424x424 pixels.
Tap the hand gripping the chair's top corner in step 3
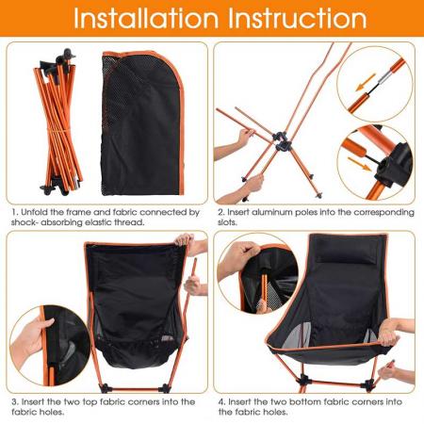click(197, 248)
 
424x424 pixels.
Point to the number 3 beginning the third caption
click(13, 400)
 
